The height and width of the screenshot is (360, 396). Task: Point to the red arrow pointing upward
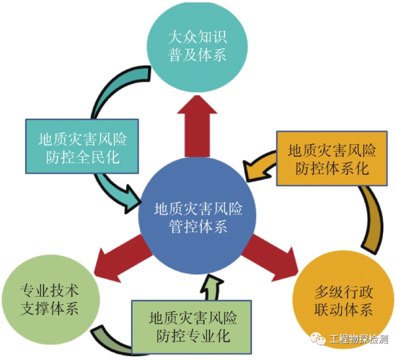coord(198,122)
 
